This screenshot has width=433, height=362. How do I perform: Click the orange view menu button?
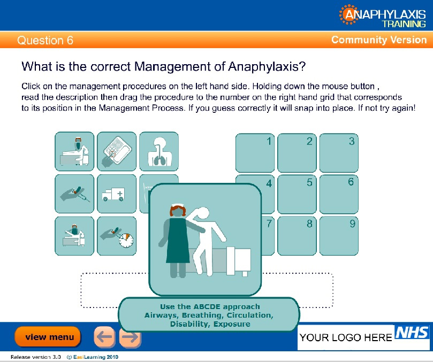click(x=48, y=337)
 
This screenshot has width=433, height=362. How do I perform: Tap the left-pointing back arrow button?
click(x=104, y=337)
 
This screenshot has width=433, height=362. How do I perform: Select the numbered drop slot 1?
click(x=255, y=153)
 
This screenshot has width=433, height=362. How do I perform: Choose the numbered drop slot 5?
click(x=297, y=194)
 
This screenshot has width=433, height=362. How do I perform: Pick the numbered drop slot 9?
click(x=339, y=236)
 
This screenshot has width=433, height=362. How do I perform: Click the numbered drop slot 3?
click(x=339, y=153)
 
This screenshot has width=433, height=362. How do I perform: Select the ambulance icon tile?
click(x=117, y=194)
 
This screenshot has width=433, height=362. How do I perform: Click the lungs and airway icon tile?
click(x=159, y=151)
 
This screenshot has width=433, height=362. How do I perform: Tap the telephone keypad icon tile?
click(x=117, y=151)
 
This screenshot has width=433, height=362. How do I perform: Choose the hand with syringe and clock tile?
click(x=117, y=236)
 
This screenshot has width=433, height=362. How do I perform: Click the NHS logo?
click(x=412, y=332)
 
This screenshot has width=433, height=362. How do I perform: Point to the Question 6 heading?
click(x=45, y=40)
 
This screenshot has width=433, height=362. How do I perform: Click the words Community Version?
click(x=379, y=40)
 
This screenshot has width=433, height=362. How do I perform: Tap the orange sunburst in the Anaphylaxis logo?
click(x=348, y=14)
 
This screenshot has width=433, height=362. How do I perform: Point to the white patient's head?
click(x=203, y=214)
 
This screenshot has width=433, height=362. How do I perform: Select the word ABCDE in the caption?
click(x=207, y=306)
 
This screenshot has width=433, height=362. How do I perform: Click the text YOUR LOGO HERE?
click(x=346, y=337)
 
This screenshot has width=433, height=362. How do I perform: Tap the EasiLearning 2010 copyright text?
click(x=96, y=357)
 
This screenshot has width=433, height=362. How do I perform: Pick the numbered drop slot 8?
click(x=297, y=236)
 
